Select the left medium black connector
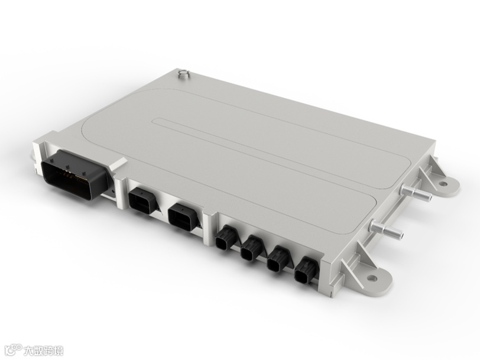tap(141, 200)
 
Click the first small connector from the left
tap(226, 238)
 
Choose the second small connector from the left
tap(251, 248)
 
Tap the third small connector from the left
tap(278, 260)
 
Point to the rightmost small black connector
tap(306, 270)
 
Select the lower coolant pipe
tap(387, 229)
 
